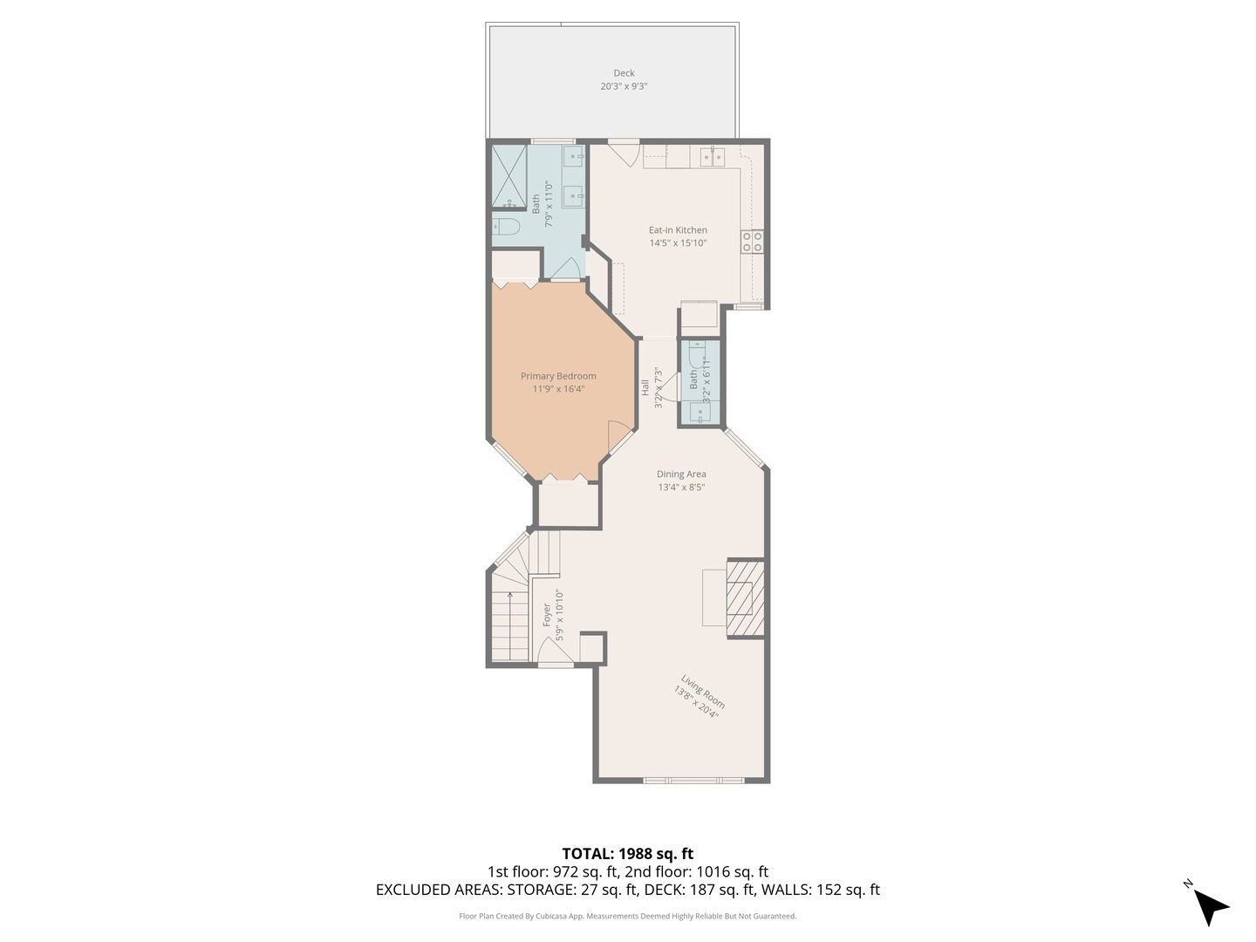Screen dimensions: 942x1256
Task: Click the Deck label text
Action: click(624, 73)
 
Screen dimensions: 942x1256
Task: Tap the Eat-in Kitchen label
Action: click(678, 230)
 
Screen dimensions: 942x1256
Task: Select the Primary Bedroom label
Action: click(558, 376)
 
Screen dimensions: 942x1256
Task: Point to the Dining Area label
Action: click(681, 474)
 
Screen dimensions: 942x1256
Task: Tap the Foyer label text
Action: click(547, 615)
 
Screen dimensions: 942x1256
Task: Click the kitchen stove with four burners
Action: click(752, 242)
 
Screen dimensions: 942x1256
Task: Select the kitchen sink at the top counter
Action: click(713, 158)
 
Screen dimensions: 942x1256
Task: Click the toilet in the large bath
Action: click(507, 228)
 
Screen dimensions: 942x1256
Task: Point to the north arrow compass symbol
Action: click(1209, 905)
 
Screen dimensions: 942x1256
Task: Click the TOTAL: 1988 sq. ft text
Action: click(627, 854)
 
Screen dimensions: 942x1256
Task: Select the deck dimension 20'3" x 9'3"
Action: click(624, 87)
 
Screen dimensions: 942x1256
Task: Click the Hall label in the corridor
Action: click(645, 387)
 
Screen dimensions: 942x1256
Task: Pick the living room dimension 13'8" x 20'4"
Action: click(695, 702)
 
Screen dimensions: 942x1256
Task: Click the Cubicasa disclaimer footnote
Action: click(627, 917)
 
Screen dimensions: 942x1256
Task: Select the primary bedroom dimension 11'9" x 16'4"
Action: click(558, 389)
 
